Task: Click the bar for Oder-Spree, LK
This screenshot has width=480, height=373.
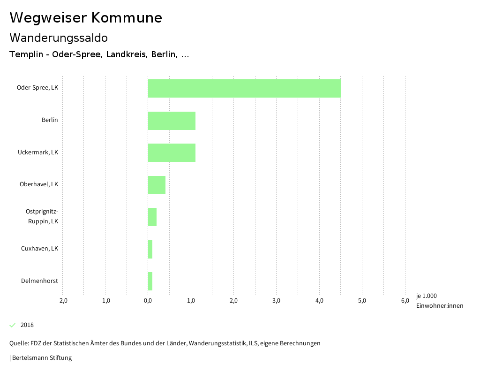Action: pyautogui.click(x=244, y=88)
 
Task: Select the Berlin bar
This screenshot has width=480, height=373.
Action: pyautogui.click(x=172, y=121)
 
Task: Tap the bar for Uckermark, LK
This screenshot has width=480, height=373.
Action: pyautogui.click(x=172, y=152)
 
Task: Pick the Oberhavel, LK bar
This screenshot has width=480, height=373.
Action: pyautogui.click(x=157, y=185)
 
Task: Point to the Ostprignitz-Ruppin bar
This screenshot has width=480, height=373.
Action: pyautogui.click(x=152, y=217)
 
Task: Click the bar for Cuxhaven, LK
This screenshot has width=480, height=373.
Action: pyautogui.click(x=150, y=249)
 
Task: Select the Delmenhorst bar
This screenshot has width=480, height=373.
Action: pyautogui.click(x=150, y=281)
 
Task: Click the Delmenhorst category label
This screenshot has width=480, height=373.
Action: pyautogui.click(x=39, y=281)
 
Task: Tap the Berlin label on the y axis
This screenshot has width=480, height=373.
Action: pyautogui.click(x=50, y=120)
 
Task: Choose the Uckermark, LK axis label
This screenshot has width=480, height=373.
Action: pyautogui.click(x=38, y=152)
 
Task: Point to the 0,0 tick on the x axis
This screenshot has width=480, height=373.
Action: pyautogui.click(x=148, y=301)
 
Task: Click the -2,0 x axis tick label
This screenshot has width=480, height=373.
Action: pyautogui.click(x=62, y=301)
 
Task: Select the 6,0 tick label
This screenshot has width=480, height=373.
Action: pyautogui.click(x=405, y=301)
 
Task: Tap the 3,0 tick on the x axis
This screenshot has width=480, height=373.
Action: pyautogui.click(x=276, y=301)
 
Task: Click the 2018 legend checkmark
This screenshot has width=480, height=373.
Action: pyautogui.click(x=13, y=325)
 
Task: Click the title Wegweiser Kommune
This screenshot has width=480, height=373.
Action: pyautogui.click(x=86, y=17)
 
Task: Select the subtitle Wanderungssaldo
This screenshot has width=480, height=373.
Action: pyautogui.click(x=59, y=38)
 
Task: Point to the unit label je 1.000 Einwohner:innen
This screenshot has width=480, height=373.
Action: pyautogui.click(x=439, y=301)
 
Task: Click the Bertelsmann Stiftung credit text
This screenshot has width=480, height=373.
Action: pyautogui.click(x=42, y=358)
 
